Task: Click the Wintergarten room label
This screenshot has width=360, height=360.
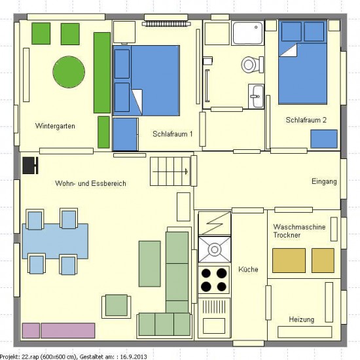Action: tap(55, 126)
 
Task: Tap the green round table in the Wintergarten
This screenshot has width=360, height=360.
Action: tap(69, 72)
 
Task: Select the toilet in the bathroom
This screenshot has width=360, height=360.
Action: tap(252, 65)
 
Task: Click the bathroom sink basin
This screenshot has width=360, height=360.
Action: tap(256, 96)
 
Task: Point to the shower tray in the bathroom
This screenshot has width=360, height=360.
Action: tap(247, 33)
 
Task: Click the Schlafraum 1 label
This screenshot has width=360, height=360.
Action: tap(173, 134)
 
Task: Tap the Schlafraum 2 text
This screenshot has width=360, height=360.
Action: tap(306, 120)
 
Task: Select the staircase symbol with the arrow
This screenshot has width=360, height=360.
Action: tap(170, 171)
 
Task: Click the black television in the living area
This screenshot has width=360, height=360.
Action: tap(30, 166)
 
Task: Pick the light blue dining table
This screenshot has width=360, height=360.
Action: tap(55, 241)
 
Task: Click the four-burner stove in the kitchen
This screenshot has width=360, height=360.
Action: tap(214, 279)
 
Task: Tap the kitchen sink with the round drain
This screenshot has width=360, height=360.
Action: tap(215, 249)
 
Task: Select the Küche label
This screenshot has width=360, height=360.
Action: tap(248, 269)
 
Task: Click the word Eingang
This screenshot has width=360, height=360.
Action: tap(324, 181)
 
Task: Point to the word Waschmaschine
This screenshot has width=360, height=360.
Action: tap(299, 227)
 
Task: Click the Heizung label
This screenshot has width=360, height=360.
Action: tap(302, 319)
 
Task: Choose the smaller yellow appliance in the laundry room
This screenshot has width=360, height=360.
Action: tap(323, 261)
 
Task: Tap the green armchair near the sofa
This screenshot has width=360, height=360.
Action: tap(117, 306)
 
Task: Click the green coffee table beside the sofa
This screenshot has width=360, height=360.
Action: tap(150, 264)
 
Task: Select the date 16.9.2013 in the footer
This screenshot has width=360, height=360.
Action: tap(134, 357)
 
